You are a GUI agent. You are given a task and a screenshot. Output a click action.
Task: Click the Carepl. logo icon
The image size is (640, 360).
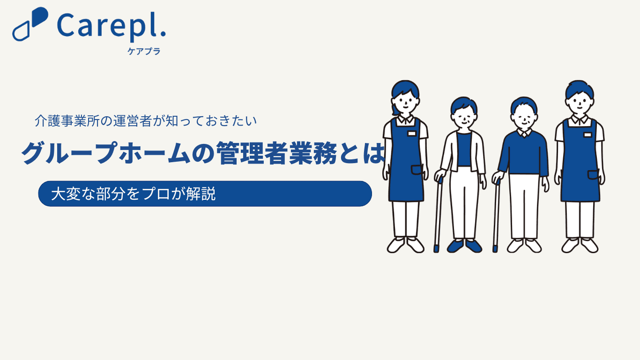coord(30,24)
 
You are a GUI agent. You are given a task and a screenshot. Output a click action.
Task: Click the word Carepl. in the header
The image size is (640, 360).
coord(112,26)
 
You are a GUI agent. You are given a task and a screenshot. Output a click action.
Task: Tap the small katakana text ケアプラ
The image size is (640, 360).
coord(144,51)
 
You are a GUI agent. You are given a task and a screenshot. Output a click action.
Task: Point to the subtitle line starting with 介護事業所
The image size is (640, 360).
coord(145,121)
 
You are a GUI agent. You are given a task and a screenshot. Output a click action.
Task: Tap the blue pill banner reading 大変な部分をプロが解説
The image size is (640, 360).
coord(205,194)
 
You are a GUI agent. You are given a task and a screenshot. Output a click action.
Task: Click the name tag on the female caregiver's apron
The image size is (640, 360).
coord(411,134)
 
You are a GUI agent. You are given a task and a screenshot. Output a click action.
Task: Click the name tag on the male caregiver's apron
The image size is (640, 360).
coord(588,135)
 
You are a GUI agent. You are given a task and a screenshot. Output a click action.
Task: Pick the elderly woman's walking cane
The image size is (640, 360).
coord(438,215)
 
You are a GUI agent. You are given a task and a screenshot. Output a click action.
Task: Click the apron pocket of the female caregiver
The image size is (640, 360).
coord(417,170)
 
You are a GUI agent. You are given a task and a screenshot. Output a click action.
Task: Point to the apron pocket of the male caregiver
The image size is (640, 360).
coord(593,175)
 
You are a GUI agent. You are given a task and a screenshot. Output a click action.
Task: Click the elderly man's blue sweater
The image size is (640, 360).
coord(524,153)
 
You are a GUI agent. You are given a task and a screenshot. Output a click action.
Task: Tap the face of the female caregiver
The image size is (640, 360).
coord(405,102)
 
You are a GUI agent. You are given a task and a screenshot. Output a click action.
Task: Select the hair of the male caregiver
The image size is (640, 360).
coord(580,89)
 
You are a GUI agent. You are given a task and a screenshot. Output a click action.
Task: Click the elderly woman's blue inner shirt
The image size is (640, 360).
coord(464,149)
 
